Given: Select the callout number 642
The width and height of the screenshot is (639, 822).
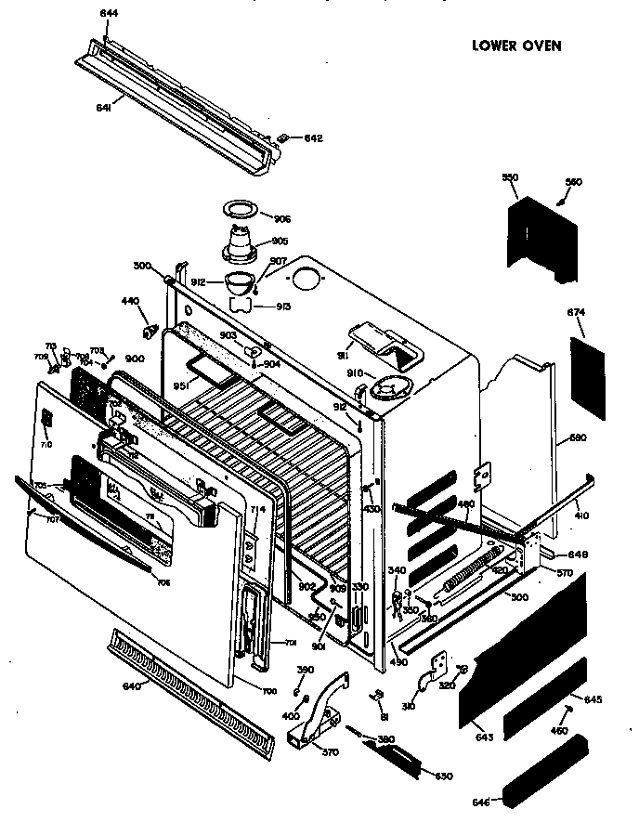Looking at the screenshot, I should tap(313, 138).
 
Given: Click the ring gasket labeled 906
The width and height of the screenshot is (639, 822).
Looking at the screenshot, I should tap(243, 211).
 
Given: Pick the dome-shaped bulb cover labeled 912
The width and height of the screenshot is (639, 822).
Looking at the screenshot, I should tap(241, 281).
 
